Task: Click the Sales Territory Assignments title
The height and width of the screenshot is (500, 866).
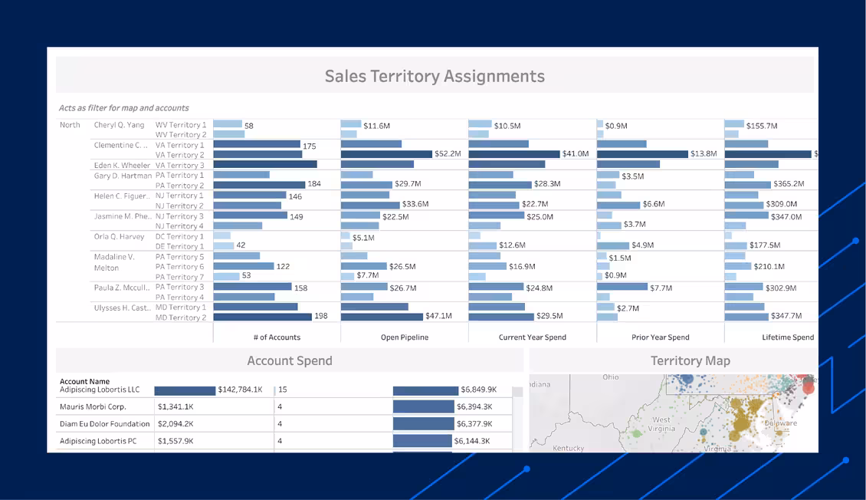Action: click(435, 76)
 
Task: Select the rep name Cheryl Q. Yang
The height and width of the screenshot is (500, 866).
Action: click(119, 125)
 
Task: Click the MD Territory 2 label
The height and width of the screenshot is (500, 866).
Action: click(180, 317)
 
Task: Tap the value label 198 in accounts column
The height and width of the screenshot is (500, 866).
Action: click(320, 317)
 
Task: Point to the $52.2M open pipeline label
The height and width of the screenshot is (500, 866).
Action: click(448, 154)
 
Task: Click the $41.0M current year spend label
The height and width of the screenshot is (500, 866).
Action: click(576, 154)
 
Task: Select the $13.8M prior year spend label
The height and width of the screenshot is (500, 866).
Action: click(704, 154)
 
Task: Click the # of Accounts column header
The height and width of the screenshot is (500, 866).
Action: click(277, 337)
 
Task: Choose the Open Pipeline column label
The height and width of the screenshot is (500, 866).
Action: click(405, 337)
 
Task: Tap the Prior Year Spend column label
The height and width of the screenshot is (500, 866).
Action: click(660, 337)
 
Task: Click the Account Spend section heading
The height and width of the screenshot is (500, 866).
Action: click(290, 360)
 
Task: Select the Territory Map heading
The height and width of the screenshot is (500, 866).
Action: click(690, 360)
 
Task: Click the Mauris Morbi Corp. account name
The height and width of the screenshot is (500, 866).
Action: click(93, 407)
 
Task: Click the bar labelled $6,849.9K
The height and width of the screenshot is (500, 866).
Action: click(425, 390)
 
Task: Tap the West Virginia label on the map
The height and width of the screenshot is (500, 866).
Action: click(661, 424)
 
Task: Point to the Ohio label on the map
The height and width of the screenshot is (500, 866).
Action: click(610, 377)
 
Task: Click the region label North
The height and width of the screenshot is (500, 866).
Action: click(70, 125)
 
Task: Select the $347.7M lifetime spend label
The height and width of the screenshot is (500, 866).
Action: click(786, 317)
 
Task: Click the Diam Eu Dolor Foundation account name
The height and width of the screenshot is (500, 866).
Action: click(105, 424)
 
